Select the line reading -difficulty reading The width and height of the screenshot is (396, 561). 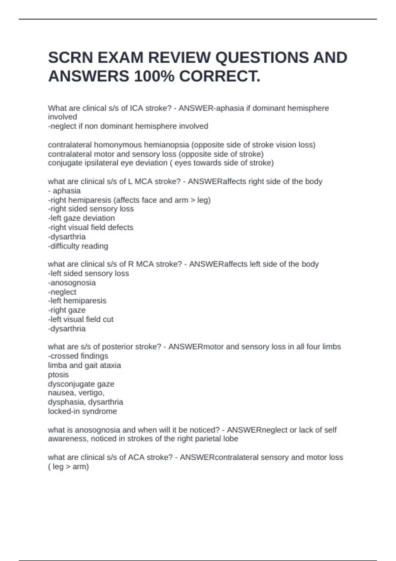(78, 246)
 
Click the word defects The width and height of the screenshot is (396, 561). (122, 227)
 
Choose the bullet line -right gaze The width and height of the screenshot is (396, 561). (67, 310)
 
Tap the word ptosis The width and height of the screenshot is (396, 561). (58, 375)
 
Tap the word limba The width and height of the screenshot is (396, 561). (57, 365)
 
